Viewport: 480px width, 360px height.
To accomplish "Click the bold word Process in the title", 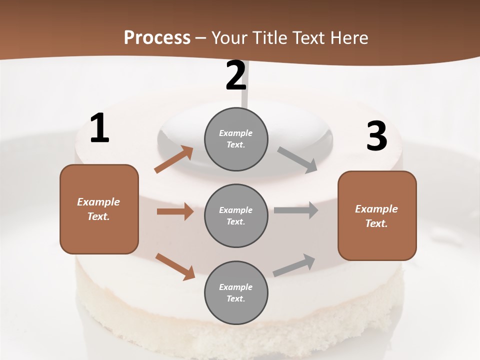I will (157, 38).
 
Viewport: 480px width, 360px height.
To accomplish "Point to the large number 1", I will (99, 128).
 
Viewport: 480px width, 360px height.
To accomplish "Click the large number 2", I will (236, 75).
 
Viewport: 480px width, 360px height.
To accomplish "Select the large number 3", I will (376, 136).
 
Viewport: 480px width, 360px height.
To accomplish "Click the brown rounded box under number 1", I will (99, 209).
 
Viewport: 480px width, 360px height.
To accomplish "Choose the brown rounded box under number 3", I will (377, 215).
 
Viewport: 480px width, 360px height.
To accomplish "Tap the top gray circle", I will (236, 139).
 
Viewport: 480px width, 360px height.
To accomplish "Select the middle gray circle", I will (236, 215).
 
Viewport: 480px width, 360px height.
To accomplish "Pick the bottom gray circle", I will (236, 292).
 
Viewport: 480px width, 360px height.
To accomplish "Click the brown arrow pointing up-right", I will (174, 159).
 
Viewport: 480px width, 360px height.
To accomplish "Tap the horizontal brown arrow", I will (175, 211).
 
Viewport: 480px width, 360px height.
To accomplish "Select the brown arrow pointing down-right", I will (175, 266).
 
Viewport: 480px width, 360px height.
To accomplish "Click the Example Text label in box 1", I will (98, 209).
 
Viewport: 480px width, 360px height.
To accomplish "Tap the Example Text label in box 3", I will (376, 216).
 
